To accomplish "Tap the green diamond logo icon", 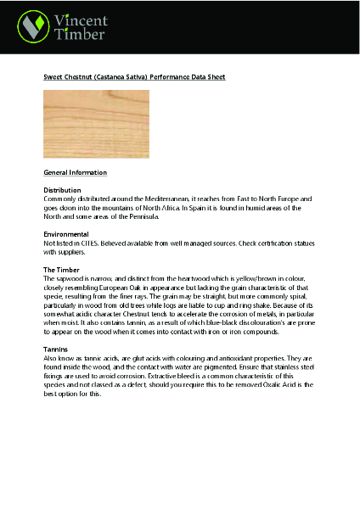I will click(x=34, y=26).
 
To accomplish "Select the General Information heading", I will click(x=75, y=172).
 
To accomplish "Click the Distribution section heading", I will click(x=62, y=190).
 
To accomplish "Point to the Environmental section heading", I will click(x=67, y=233).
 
